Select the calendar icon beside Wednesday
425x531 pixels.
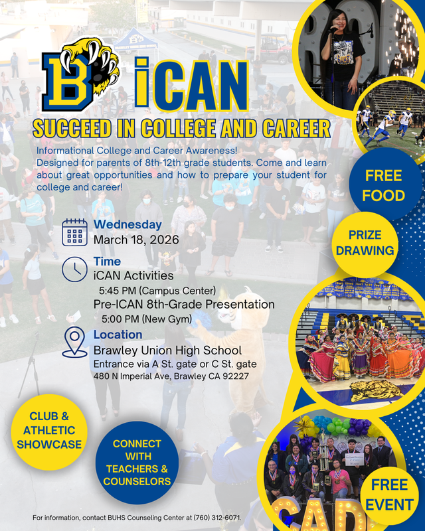point(74,232)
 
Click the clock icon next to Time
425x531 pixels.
point(74,268)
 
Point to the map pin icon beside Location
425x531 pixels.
point(74,342)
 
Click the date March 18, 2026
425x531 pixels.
point(136,240)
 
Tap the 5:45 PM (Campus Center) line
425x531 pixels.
point(157,290)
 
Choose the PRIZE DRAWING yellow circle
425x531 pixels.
point(365,243)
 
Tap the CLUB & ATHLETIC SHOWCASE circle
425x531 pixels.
point(49,430)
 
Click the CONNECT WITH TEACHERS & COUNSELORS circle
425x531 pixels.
point(137,462)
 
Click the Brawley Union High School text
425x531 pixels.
point(167,350)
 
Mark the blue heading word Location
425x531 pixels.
point(118,335)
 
